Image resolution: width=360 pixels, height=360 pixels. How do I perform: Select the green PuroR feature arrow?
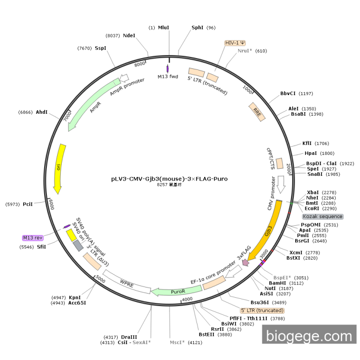pyautogui.click(x=170, y=292)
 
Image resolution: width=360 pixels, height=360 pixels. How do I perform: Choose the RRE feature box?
pyautogui.click(x=257, y=112)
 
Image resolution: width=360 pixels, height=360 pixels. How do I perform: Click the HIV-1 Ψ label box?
pyautogui.click(x=235, y=43)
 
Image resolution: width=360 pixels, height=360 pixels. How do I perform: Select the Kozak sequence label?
pyautogui.click(x=322, y=217)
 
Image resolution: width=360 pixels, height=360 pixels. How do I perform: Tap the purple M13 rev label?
pyautogui.click(x=33, y=238)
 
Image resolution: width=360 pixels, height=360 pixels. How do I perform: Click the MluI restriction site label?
pyautogui.click(x=164, y=28)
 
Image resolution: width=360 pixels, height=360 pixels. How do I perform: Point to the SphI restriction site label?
pyautogui.click(x=197, y=28)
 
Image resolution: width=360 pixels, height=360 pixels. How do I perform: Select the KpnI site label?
pyautogui.click(x=75, y=297)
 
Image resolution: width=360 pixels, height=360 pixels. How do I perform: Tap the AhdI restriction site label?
pyautogui.click(x=42, y=112)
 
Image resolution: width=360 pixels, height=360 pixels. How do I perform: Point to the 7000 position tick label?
pyautogui.click(x=67, y=116)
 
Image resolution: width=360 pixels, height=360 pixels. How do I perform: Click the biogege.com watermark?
pyautogui.click(x=309, y=336)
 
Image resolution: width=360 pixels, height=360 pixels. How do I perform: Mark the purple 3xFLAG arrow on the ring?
pyautogui.click(x=246, y=262)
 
